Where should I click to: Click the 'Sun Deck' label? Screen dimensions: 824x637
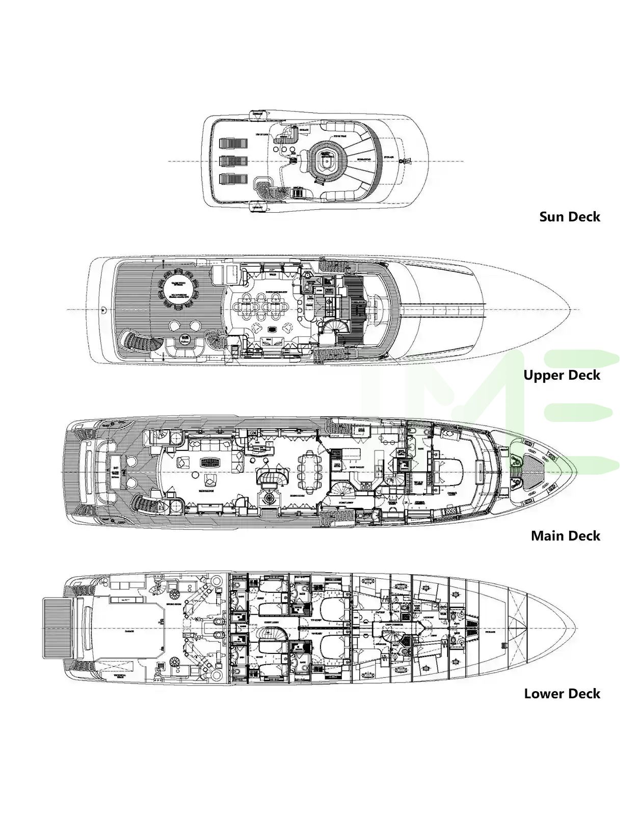pyautogui.click(x=569, y=217)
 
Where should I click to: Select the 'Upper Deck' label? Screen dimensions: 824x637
pyautogui.click(x=562, y=375)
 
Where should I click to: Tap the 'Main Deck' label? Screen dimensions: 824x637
pyautogui.click(x=565, y=535)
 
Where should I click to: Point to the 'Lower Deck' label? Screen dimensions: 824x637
pyautogui.click(x=562, y=694)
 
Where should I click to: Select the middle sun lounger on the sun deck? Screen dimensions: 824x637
pyautogui.click(x=233, y=161)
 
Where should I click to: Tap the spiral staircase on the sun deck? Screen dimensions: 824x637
pyautogui.click(x=269, y=191)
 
